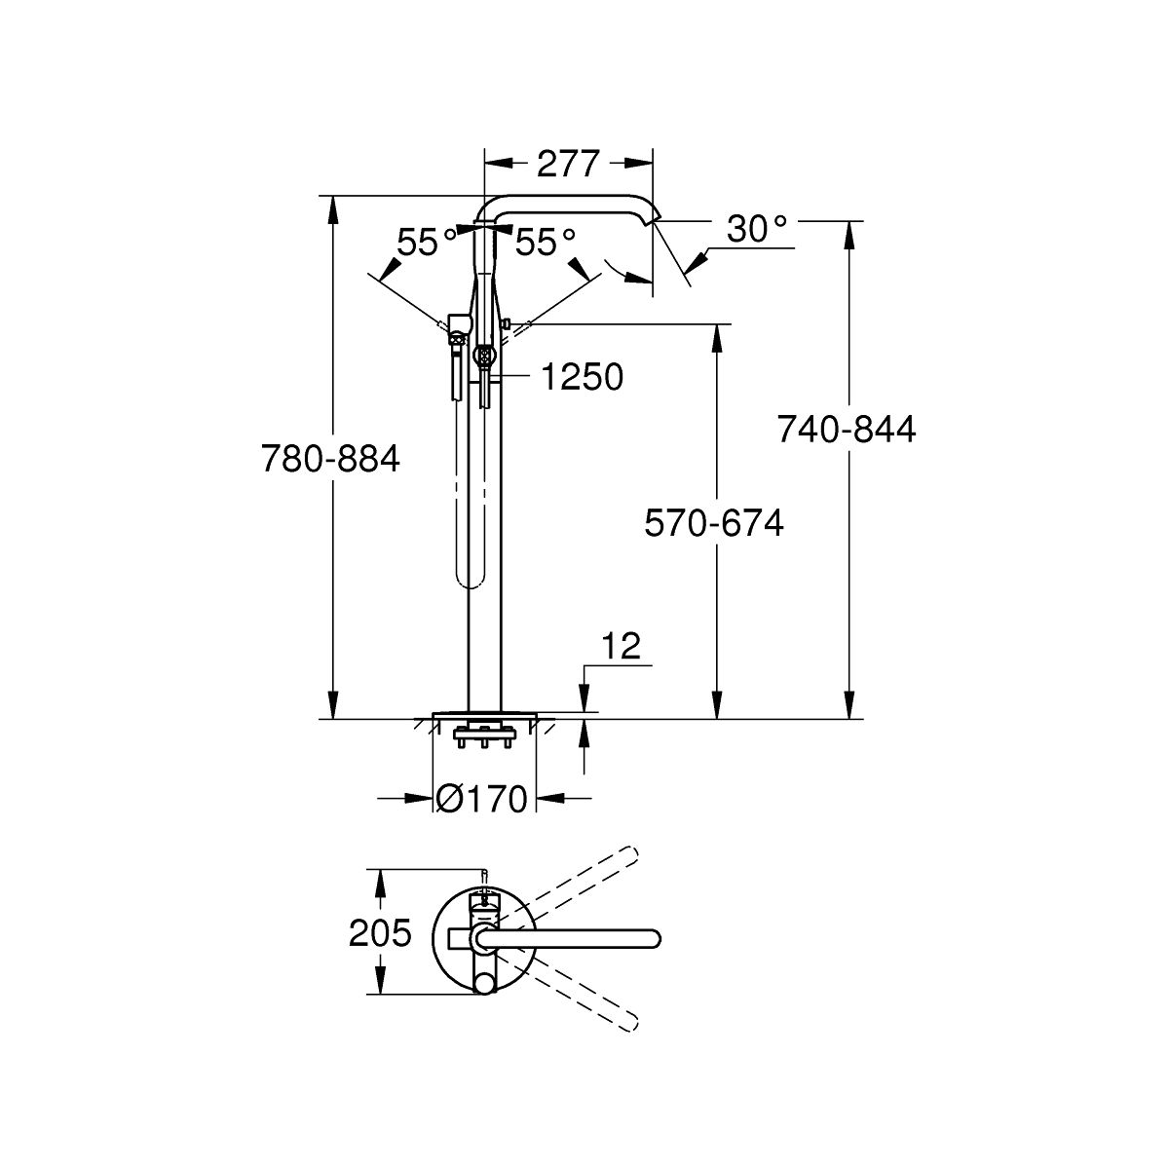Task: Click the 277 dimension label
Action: (x=568, y=163)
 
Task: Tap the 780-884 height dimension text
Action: (x=330, y=459)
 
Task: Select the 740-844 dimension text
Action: (x=847, y=430)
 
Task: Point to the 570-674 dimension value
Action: (x=714, y=523)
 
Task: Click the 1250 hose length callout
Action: (x=582, y=377)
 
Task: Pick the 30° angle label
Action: (x=757, y=229)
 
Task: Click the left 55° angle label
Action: (x=427, y=242)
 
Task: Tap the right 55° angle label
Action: (x=545, y=242)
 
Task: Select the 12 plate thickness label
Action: (x=622, y=646)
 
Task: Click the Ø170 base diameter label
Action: (x=482, y=799)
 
